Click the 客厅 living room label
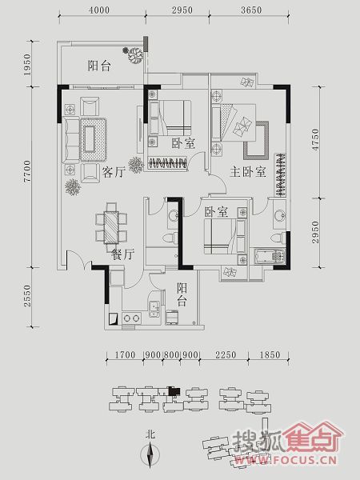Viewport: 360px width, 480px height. tap(114, 172)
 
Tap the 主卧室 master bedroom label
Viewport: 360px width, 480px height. tap(248, 172)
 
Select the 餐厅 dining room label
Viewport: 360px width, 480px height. tap(122, 254)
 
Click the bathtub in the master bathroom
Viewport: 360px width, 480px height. tap(270, 257)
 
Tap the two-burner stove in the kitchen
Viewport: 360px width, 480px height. tap(132, 318)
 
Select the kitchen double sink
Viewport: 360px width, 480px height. tap(154, 309)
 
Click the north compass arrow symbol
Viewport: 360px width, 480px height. tap(150, 454)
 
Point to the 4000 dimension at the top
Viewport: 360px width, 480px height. tap(99, 10)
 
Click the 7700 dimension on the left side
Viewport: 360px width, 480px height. tap(27, 171)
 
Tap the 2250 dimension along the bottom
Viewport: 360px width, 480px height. tap(226, 354)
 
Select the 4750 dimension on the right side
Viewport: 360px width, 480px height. tap(315, 139)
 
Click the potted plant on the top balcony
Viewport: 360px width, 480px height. tap(134, 54)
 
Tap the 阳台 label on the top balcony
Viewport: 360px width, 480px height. tap(99, 66)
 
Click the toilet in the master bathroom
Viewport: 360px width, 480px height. tap(278, 238)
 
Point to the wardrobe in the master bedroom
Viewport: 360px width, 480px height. tap(280, 174)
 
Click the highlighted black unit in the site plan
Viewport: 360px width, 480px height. tap(174, 391)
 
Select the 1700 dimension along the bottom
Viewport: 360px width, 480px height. tap(125, 354)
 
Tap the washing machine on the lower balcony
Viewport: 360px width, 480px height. tap(172, 317)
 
